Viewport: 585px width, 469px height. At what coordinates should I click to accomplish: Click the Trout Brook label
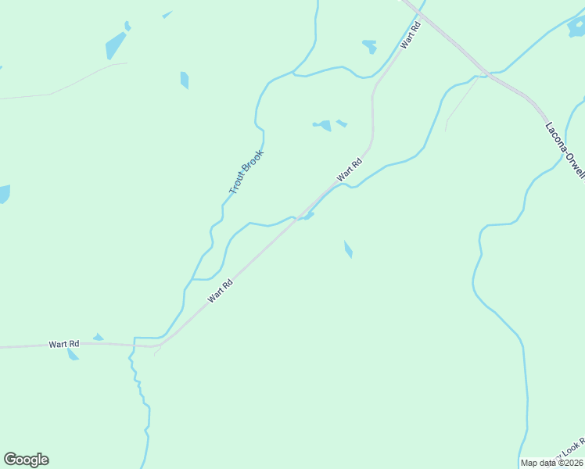coord(246,173)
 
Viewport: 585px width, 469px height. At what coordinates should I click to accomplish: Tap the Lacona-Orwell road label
coord(565,149)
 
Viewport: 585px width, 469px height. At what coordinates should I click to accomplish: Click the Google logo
coord(26,460)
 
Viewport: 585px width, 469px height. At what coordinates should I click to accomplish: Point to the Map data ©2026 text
coord(551,463)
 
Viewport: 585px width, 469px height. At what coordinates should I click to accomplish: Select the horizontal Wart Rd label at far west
coord(64,344)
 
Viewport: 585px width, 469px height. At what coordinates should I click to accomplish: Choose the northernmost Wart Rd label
coord(411,36)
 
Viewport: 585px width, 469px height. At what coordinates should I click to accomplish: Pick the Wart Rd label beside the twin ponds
coord(350,170)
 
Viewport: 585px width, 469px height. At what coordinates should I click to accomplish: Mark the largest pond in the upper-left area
coord(115,45)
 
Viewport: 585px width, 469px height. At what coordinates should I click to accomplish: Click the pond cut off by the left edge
coord(4,194)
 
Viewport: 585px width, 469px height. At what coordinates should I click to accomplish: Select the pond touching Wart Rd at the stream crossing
coord(309,216)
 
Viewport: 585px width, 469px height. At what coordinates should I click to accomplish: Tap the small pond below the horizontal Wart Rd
coord(73,355)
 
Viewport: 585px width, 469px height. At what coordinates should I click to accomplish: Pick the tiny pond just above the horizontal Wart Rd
coord(98,338)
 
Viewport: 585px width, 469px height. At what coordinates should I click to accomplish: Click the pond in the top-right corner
coord(576,30)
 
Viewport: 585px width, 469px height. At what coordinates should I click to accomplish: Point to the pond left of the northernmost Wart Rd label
coord(369,46)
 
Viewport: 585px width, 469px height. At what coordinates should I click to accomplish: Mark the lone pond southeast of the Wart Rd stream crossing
coord(348,249)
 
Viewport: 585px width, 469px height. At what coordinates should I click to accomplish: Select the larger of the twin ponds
coord(323,125)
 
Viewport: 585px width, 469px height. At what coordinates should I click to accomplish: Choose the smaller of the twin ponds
coord(342,124)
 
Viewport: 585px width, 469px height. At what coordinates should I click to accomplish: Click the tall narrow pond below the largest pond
coord(185,80)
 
